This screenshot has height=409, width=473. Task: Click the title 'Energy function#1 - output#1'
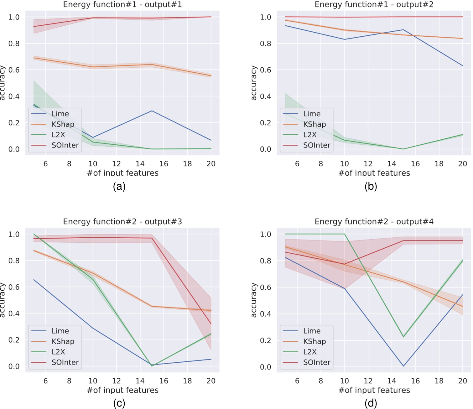point(122,5)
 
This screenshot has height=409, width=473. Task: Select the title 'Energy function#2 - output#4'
point(374,222)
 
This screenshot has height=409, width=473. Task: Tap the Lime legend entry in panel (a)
point(60,114)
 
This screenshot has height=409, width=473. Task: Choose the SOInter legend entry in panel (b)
point(316,145)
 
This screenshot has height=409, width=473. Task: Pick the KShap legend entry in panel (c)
point(63,341)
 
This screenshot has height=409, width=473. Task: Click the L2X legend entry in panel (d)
point(310,352)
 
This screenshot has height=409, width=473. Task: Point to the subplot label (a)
point(119,186)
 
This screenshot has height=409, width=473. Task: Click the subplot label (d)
point(371,403)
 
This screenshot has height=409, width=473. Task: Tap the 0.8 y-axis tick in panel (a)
point(14,44)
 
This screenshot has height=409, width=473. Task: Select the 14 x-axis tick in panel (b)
point(392,163)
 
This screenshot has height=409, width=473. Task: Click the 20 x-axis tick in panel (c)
point(211,381)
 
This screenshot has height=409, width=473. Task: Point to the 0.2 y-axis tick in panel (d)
point(265,340)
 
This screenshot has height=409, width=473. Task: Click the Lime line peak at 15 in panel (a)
point(152,111)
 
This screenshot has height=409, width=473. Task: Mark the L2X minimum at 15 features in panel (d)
point(403,337)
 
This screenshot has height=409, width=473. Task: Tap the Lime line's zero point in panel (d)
point(403,366)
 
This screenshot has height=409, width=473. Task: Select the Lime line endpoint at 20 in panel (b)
point(463,66)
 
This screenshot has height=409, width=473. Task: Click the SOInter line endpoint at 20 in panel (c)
point(211,324)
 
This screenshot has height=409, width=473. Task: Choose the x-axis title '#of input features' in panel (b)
point(374,173)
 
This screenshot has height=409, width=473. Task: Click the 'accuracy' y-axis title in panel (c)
point(3,300)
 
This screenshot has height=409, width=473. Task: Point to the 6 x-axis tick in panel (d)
point(297,381)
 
